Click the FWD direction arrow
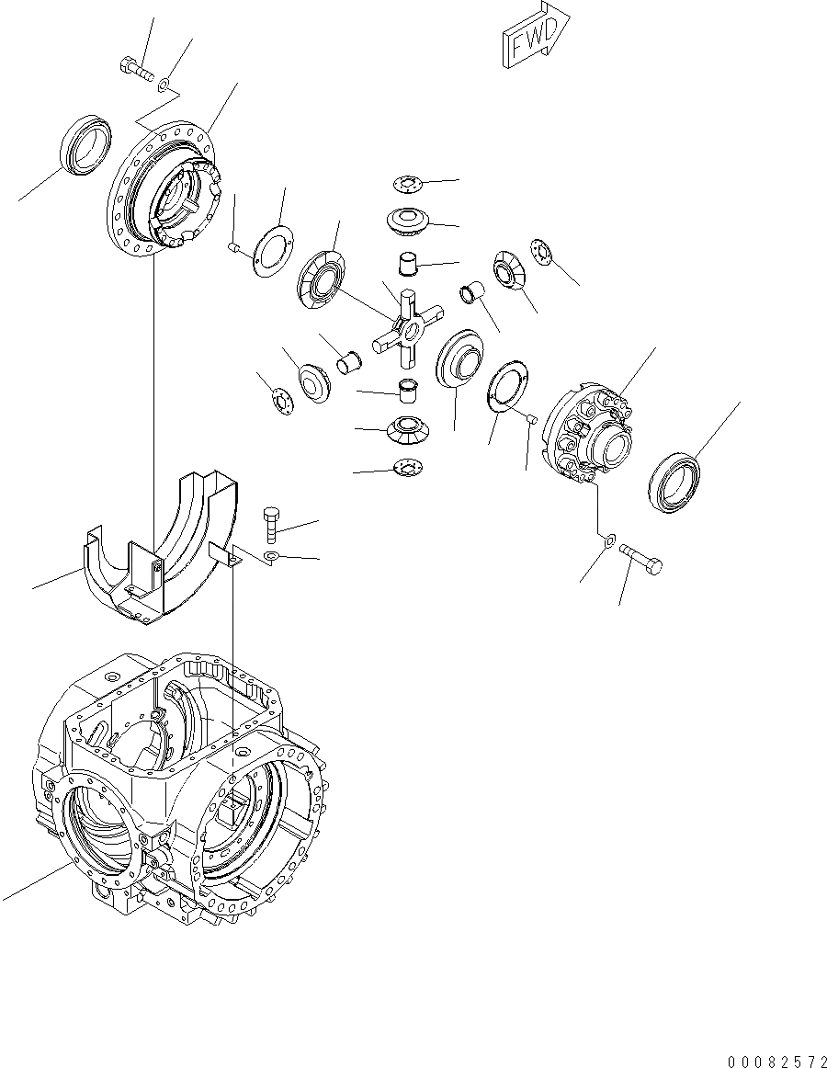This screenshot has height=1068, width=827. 536,40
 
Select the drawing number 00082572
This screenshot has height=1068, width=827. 776,1062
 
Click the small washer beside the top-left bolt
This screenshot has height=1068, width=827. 162,85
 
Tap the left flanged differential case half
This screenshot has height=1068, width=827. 165,193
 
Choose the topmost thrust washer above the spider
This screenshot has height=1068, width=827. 405,186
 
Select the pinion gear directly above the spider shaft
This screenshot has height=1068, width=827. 405,222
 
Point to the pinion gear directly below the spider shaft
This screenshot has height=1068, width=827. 405,427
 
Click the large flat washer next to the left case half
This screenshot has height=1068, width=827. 270,249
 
